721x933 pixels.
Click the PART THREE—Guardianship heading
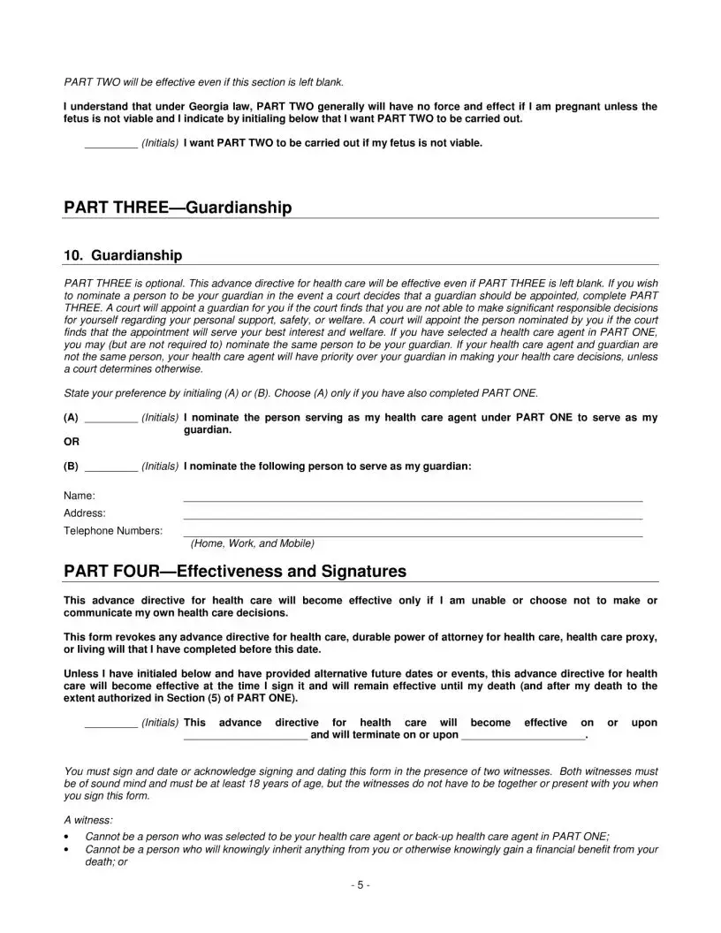[x=178, y=208]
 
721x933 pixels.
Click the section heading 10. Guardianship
[x=123, y=255]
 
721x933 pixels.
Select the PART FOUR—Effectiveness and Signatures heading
[x=235, y=572]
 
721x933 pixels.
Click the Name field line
[x=413, y=499]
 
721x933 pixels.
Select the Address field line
[x=413, y=517]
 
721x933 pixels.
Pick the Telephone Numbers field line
[x=413, y=535]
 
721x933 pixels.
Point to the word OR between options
[x=72, y=442]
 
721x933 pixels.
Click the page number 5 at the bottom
[x=360, y=885]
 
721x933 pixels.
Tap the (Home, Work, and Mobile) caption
[x=252, y=543]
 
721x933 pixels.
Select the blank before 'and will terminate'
[x=246, y=736]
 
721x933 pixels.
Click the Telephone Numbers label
[x=113, y=531]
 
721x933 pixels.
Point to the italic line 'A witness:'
[x=88, y=820]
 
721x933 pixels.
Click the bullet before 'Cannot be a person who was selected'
[x=68, y=836]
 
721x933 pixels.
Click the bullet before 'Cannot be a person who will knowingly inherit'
[x=68, y=849]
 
